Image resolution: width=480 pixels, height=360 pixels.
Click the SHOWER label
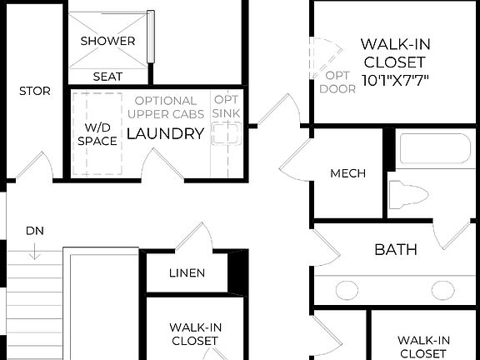click(x=108, y=41)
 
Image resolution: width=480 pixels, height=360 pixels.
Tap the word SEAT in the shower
click(x=108, y=76)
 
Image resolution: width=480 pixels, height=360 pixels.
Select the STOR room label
click(x=34, y=91)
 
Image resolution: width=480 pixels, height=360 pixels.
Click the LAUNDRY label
click(x=165, y=133)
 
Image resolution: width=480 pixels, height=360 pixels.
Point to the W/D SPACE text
click(x=97, y=134)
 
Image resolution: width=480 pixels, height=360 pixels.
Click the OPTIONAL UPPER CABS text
click(x=165, y=107)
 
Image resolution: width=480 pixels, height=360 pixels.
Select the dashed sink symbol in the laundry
click(x=225, y=135)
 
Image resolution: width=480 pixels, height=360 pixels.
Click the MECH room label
click(x=348, y=173)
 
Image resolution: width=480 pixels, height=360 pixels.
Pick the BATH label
click(x=395, y=249)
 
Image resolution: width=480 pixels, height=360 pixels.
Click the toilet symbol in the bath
click(x=408, y=194)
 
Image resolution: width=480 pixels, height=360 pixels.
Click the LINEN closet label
click(x=187, y=272)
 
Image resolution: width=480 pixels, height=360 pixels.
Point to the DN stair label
click(x=34, y=230)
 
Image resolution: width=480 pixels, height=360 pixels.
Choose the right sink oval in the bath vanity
click(x=442, y=290)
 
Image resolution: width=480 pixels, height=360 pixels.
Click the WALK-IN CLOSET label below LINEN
click(x=194, y=334)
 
